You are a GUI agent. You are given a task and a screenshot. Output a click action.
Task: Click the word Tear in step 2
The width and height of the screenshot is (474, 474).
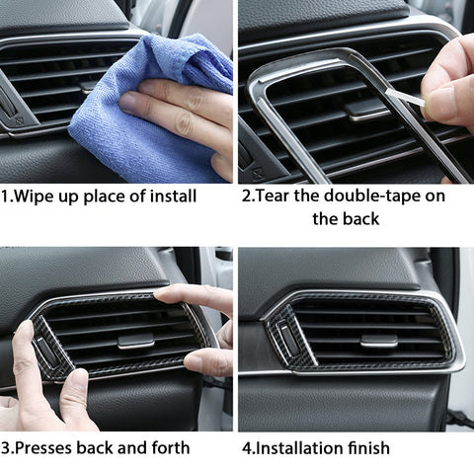click(x=276, y=196)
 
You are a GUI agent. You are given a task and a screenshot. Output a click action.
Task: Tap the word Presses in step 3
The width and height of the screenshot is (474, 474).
click(x=48, y=447)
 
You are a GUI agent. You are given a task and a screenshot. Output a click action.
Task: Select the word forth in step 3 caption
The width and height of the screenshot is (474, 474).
click(x=168, y=447)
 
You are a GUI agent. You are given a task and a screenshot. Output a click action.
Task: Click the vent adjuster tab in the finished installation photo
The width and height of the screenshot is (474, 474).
click(x=378, y=341)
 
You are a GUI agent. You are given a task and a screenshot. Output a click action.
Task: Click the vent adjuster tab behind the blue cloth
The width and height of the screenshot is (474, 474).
click(x=89, y=86)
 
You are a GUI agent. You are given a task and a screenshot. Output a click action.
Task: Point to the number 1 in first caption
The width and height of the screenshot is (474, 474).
click(x=6, y=196)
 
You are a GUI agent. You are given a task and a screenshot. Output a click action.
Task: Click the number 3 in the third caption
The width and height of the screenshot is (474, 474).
click(x=6, y=447)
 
